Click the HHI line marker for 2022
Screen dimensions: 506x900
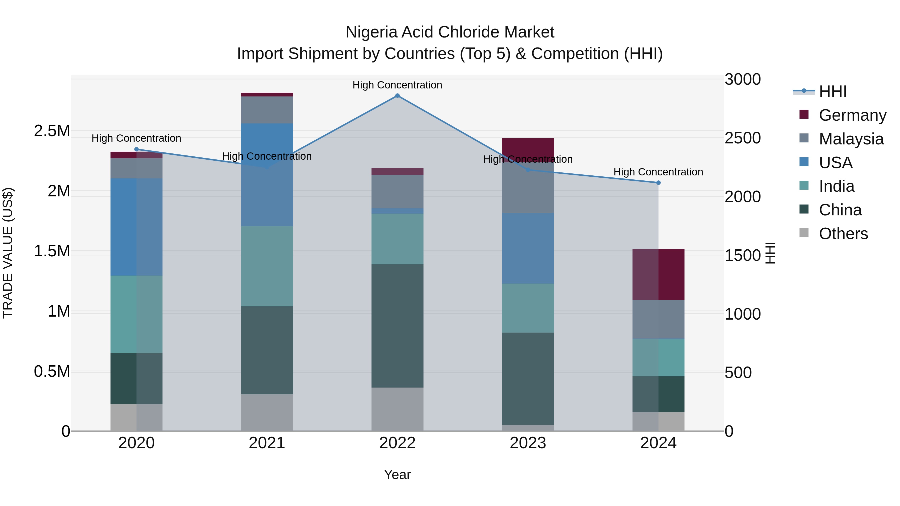(397, 96)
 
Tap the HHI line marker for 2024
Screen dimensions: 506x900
(658, 183)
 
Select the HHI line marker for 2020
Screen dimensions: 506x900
(136, 149)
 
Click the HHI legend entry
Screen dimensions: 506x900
(832, 91)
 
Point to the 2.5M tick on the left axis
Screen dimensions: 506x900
(52, 131)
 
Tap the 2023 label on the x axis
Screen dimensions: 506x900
(527, 443)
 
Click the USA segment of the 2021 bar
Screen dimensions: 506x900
(267, 175)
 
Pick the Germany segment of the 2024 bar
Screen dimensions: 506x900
(658, 274)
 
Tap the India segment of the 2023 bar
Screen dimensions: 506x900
(527, 308)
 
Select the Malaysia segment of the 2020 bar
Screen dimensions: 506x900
(136, 168)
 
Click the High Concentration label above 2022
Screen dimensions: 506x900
(397, 85)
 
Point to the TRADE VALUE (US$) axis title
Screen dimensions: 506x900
(8, 253)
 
